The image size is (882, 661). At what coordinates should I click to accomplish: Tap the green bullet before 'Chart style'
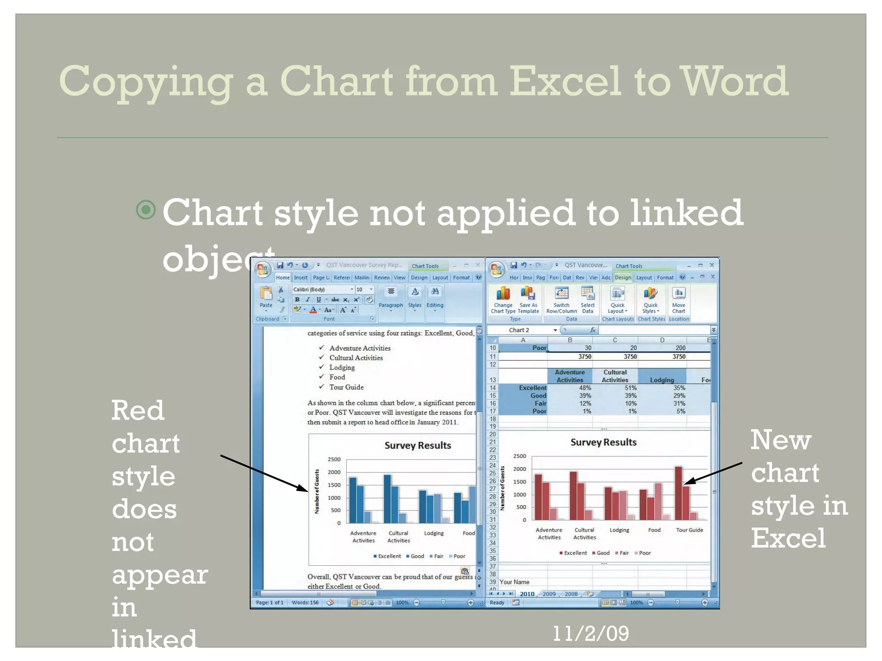coord(146,210)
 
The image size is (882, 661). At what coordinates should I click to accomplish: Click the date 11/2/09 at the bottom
coord(590,633)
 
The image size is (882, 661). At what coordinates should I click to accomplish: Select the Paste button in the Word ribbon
coord(266,297)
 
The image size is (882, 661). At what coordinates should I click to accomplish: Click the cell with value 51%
coord(630,388)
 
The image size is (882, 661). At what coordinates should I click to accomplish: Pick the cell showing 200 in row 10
coord(680,348)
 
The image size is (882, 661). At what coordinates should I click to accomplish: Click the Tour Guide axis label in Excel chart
coord(689,530)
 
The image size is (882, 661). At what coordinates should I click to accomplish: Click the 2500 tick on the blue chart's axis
coord(334,459)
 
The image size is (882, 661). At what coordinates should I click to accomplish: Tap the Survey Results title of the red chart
coord(603,442)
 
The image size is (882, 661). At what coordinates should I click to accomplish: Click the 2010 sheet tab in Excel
coord(527,594)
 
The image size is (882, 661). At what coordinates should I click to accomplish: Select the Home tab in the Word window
coord(283,278)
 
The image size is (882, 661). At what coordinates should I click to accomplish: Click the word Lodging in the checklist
coord(342,368)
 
